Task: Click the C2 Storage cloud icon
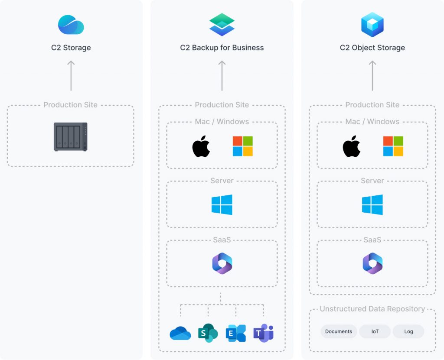pyautogui.click(x=71, y=25)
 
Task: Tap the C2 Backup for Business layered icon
pyautogui.click(x=222, y=25)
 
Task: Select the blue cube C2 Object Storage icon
pyautogui.click(x=372, y=25)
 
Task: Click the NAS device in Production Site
pyautogui.click(x=71, y=137)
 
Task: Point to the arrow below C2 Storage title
pyautogui.click(x=71, y=75)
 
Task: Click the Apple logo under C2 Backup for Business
pyautogui.click(x=201, y=146)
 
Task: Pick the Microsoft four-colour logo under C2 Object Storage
pyautogui.click(x=393, y=146)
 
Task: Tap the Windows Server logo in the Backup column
pyautogui.click(x=222, y=204)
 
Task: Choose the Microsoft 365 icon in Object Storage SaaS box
pyautogui.click(x=372, y=263)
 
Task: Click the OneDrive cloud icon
pyautogui.click(x=180, y=333)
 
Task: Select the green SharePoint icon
pyautogui.click(x=208, y=333)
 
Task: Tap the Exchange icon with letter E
pyautogui.click(x=236, y=333)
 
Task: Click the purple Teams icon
pyautogui.click(x=264, y=333)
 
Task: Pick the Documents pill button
pyautogui.click(x=339, y=331)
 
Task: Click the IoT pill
pyautogui.click(x=375, y=331)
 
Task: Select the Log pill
pyautogui.click(x=408, y=331)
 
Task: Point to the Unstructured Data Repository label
pyautogui.click(x=372, y=309)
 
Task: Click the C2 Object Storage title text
pyautogui.click(x=372, y=48)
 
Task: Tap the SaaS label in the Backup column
pyautogui.click(x=222, y=240)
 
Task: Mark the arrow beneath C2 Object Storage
pyautogui.click(x=372, y=75)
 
